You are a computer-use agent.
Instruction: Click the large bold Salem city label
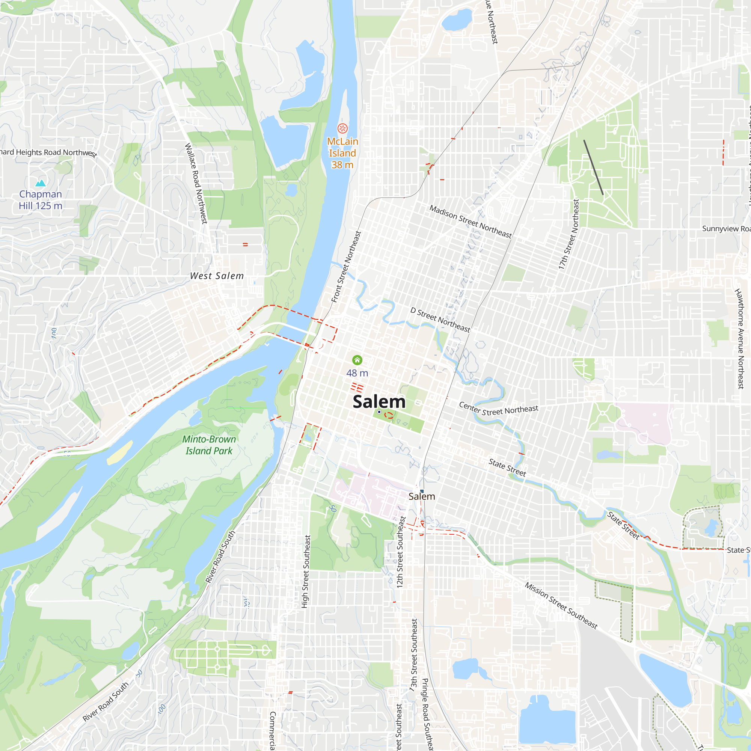[379, 401]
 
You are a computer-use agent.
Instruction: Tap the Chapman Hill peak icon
[41, 183]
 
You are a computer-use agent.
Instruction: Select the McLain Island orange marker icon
[342, 128]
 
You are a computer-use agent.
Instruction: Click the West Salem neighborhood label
[217, 276]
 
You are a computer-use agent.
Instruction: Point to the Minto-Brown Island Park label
[209, 445]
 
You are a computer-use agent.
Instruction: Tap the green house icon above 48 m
[357, 360]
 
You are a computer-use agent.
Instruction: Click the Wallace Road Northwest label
[196, 183]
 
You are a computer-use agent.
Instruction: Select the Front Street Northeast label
[346, 267]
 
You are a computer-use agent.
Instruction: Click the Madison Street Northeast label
[471, 221]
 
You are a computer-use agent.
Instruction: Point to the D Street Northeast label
[440, 320]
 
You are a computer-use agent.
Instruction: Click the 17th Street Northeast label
[569, 234]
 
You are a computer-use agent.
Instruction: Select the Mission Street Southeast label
[561, 605]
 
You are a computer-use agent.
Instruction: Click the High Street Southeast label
[306, 572]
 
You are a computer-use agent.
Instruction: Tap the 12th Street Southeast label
[400, 552]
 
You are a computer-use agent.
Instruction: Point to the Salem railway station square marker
[422, 491]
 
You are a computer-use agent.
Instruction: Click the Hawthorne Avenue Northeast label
[739, 338]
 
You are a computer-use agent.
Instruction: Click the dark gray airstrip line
[593, 167]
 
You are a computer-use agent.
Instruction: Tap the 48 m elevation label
[357, 373]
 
